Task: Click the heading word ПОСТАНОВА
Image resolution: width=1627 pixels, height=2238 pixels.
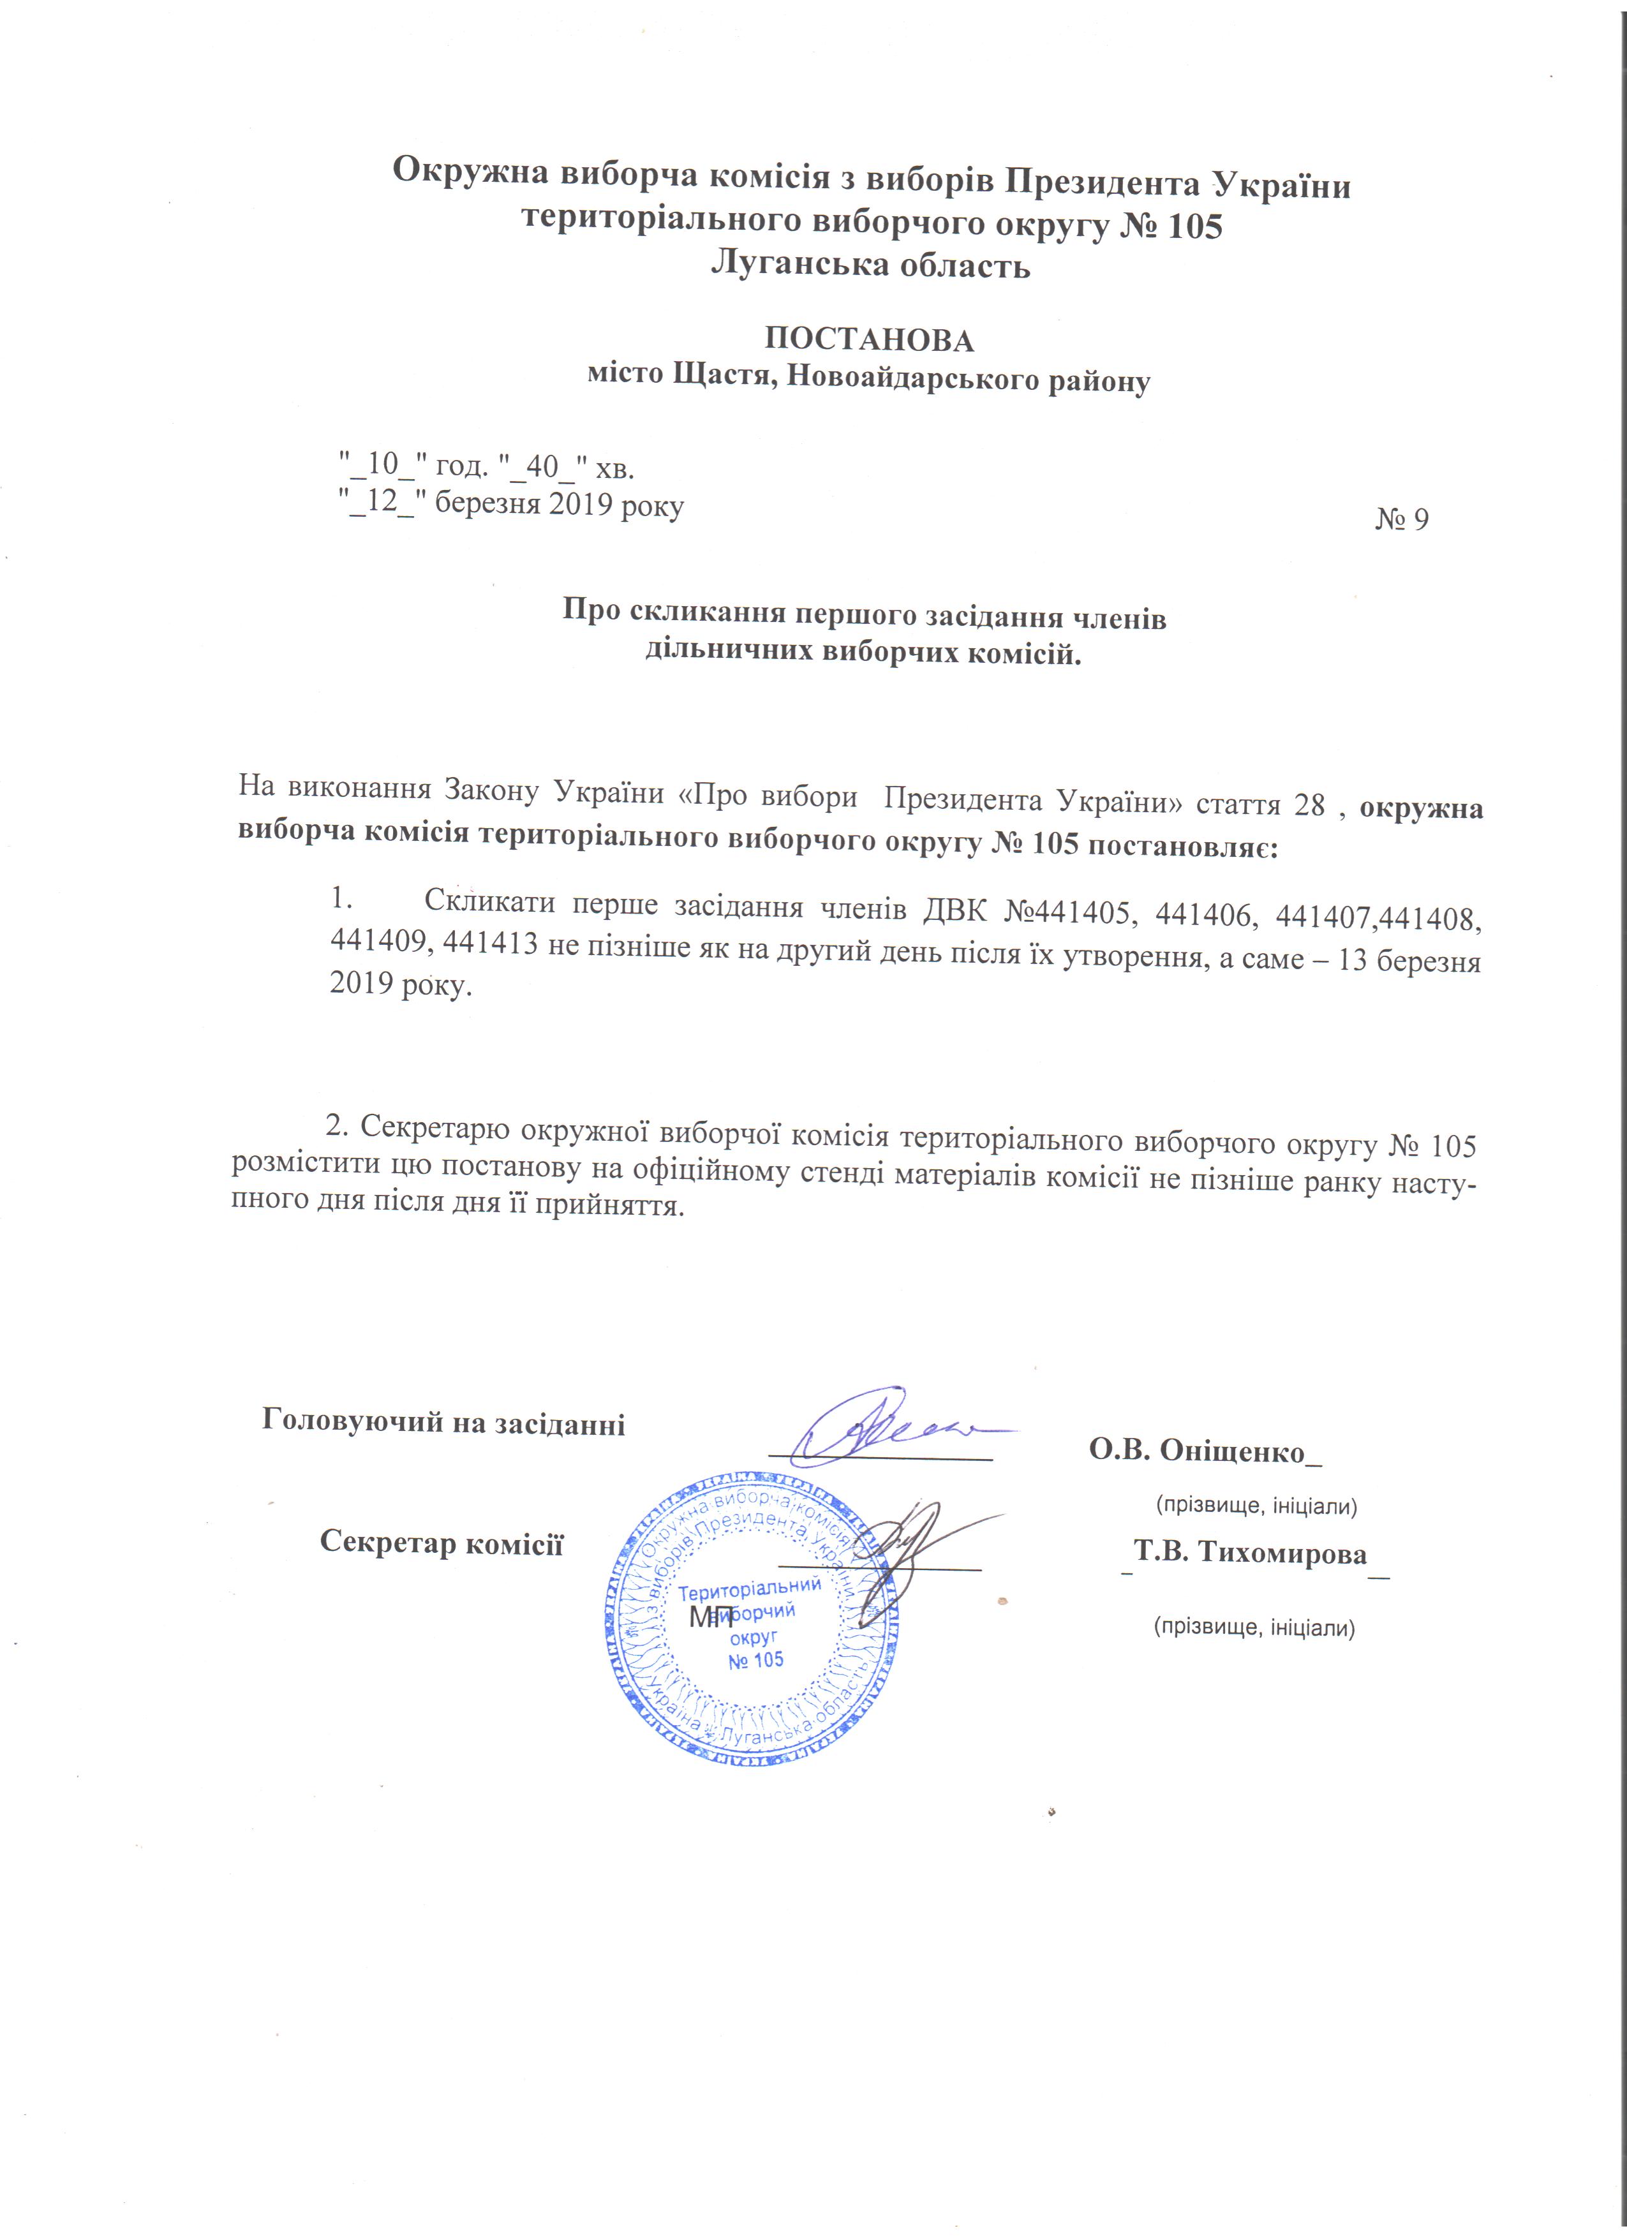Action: (x=869, y=341)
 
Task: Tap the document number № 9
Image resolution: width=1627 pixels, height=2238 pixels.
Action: (x=1401, y=520)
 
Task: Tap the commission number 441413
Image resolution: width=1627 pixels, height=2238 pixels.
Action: (x=491, y=944)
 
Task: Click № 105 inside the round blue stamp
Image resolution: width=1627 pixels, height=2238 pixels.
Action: (x=756, y=1661)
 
